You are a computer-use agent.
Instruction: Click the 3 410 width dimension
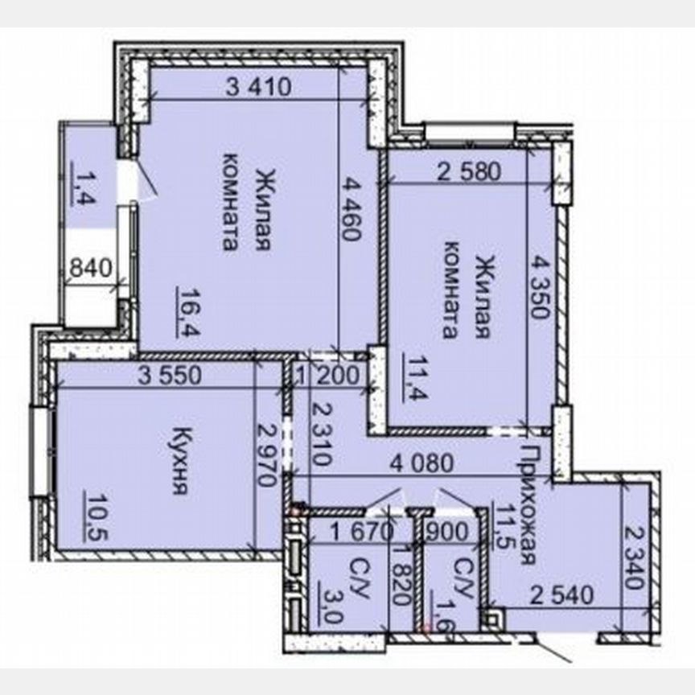[259, 86]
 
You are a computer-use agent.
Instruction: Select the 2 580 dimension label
[469, 171]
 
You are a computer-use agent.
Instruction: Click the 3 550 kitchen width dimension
[170, 376]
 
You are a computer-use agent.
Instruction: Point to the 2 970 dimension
[267, 455]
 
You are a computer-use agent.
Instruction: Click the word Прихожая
[528, 504]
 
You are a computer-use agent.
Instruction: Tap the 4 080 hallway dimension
[422, 463]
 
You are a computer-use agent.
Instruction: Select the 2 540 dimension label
[562, 595]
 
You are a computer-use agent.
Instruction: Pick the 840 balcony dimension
[92, 268]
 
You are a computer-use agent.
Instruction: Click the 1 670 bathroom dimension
[362, 532]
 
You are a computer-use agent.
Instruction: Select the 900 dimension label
[446, 532]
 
